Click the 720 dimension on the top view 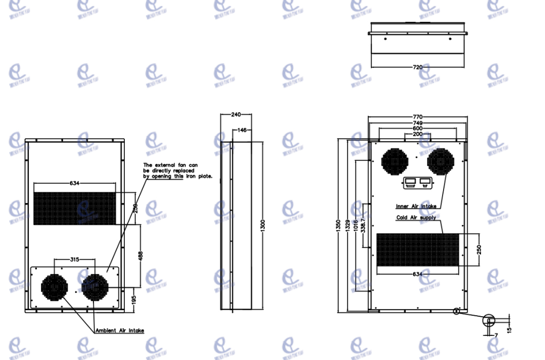[417, 67]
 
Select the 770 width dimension [417, 116]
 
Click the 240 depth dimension [236, 114]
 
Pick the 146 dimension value [242, 130]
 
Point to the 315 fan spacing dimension [75, 260]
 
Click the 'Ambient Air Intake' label [120, 331]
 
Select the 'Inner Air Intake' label [416, 206]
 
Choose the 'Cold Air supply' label [416, 218]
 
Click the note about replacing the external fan [178, 170]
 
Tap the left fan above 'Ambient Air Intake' [54, 287]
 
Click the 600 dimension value [417, 128]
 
